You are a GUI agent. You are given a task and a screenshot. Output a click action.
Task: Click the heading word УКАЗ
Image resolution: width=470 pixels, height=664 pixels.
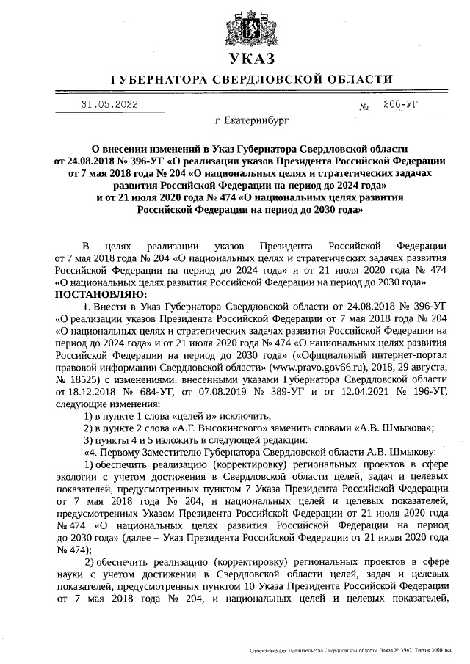(241, 59)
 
